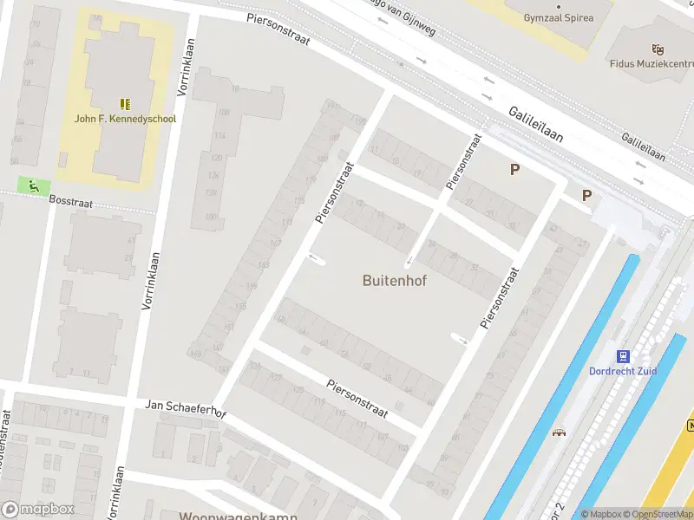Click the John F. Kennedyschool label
pyautogui.click(x=125, y=119)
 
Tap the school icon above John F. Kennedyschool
pyautogui.click(x=125, y=103)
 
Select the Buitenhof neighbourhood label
pyautogui.click(x=395, y=281)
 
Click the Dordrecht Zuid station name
pyautogui.click(x=623, y=371)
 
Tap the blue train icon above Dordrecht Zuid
pyautogui.click(x=622, y=355)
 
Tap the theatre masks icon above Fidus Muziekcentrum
pyautogui.click(x=658, y=49)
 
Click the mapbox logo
pyautogui.click(x=38, y=510)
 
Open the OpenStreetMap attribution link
pyautogui.click(x=658, y=514)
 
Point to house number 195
pyautogui.click(x=359, y=122)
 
